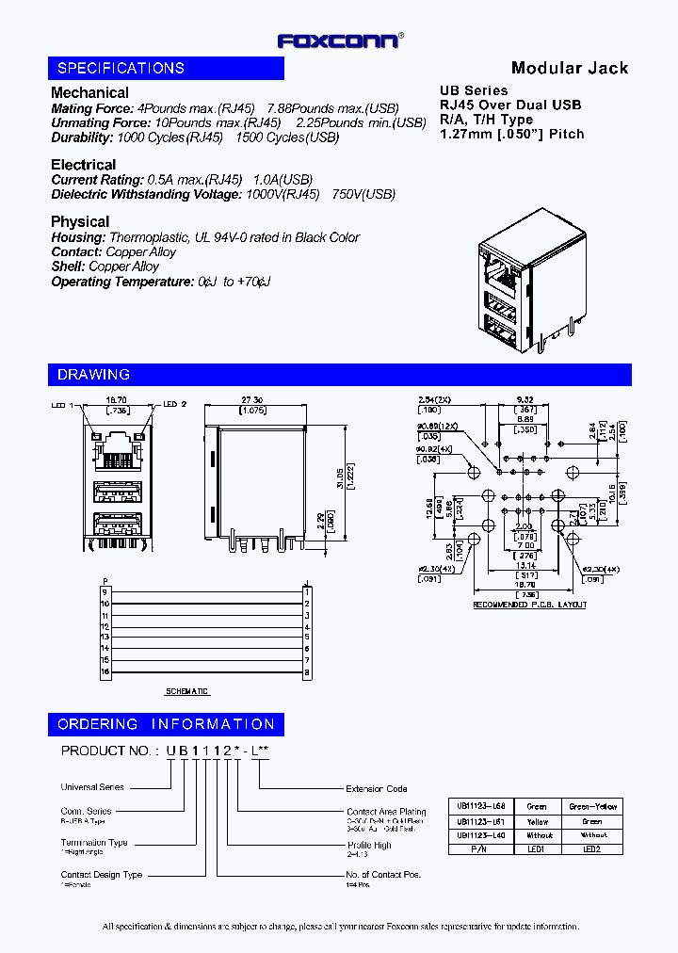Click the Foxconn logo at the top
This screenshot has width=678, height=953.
pyautogui.click(x=340, y=40)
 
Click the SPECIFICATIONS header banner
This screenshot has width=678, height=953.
pyautogui.click(x=166, y=68)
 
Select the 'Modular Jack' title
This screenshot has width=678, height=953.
pyautogui.click(x=569, y=68)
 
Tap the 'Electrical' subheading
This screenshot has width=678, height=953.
pyautogui.click(x=84, y=165)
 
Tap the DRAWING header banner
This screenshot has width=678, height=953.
pyautogui.click(x=339, y=375)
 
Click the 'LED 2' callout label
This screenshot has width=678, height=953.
pyautogui.click(x=175, y=404)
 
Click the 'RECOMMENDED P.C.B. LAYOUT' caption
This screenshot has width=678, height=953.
pyautogui.click(x=529, y=605)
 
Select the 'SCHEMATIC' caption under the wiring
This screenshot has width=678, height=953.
pyautogui.click(x=187, y=691)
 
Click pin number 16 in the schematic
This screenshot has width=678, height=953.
pyautogui.click(x=105, y=672)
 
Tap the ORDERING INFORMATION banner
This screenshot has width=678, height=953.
pyautogui.click(x=166, y=724)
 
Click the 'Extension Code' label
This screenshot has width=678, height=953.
pyautogui.click(x=377, y=789)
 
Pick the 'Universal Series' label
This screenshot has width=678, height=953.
pyautogui.click(x=92, y=787)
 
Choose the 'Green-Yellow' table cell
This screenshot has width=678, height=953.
pyautogui.click(x=593, y=807)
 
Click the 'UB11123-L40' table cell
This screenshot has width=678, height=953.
pyautogui.click(x=481, y=835)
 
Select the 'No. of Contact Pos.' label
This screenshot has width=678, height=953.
pyautogui.click(x=383, y=875)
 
